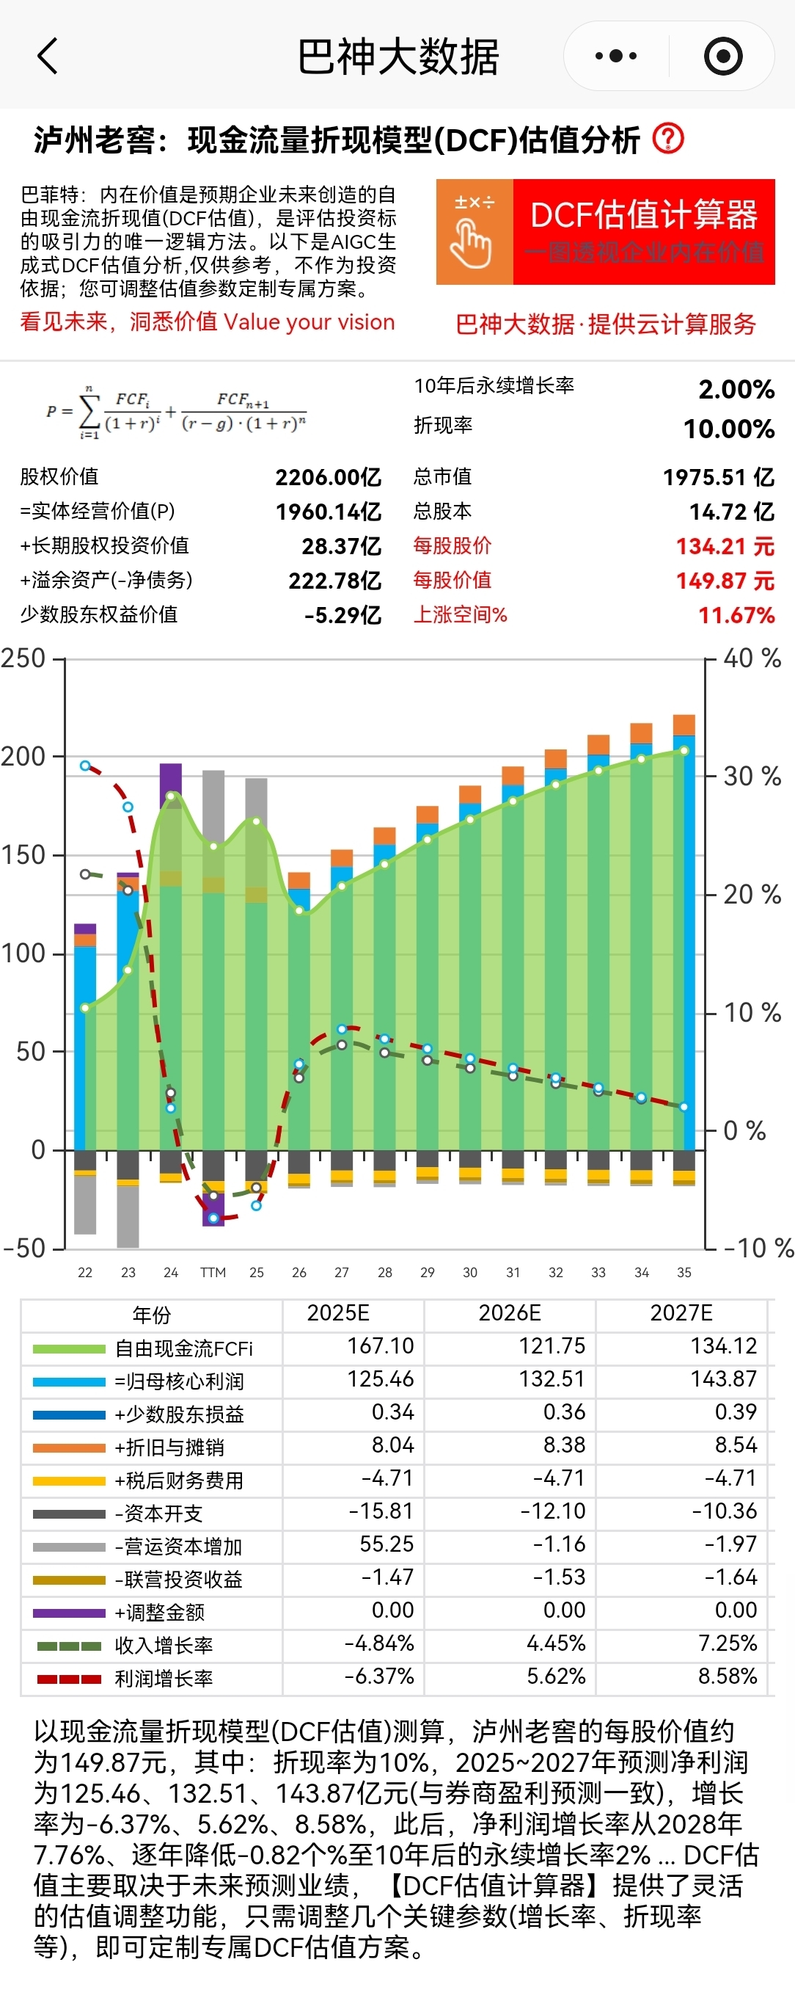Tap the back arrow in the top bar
click(48, 56)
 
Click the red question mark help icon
click(668, 139)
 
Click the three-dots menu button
click(616, 56)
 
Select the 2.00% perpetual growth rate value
click(736, 389)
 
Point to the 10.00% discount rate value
click(729, 429)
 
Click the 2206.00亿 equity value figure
click(327, 477)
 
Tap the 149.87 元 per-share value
click(725, 581)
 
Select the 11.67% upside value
click(736, 615)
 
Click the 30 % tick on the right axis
click(751, 777)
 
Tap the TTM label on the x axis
click(213, 1273)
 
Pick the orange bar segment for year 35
click(684, 724)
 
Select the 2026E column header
click(509, 1313)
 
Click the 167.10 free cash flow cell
click(380, 1346)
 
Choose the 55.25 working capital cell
click(386, 1544)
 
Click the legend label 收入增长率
click(164, 1646)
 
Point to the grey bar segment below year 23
click(128, 1217)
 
